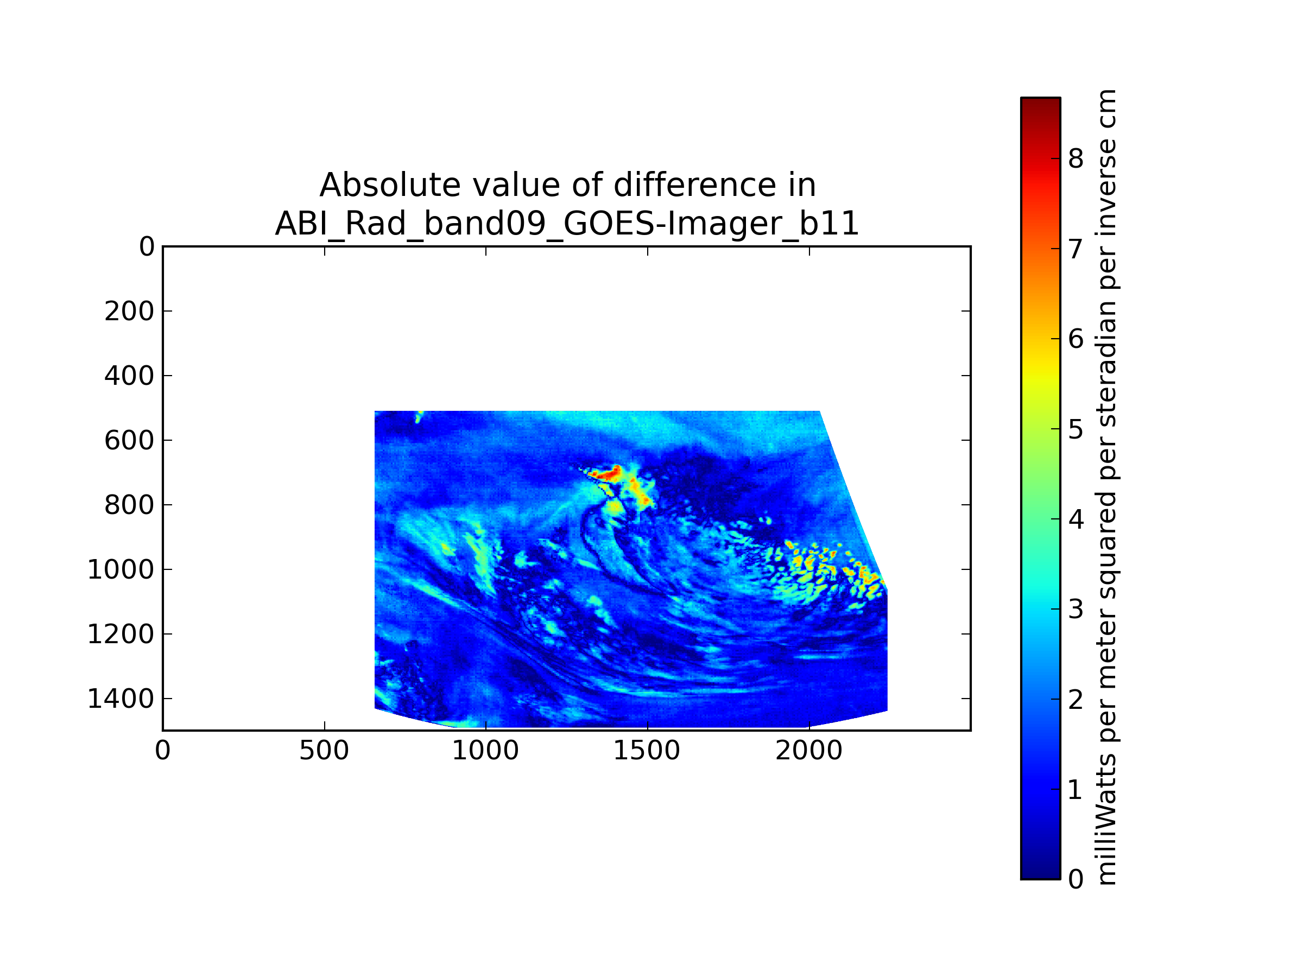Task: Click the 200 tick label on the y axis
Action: click(129, 312)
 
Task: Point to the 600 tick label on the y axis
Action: click(129, 441)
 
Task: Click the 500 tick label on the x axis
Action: click(325, 751)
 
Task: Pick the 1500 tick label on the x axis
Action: click(647, 751)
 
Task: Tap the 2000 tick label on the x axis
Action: click(809, 751)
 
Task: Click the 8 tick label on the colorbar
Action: click(1076, 158)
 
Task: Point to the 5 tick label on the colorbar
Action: click(1076, 429)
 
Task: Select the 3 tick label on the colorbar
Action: click(1076, 610)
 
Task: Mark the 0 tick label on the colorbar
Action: click(1076, 880)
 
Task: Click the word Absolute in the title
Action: click(389, 186)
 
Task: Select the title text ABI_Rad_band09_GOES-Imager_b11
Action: click(567, 224)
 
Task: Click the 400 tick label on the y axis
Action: click(129, 376)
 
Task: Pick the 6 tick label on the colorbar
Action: click(1076, 339)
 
